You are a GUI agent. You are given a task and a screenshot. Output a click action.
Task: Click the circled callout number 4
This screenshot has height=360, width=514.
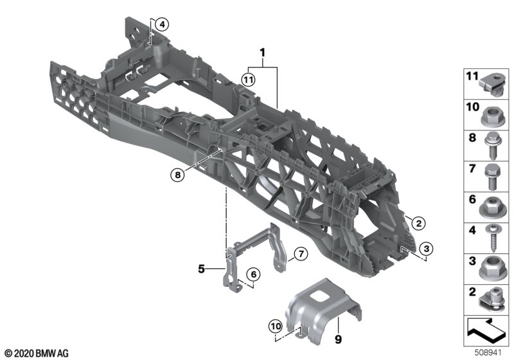pyautogui.click(x=162, y=24)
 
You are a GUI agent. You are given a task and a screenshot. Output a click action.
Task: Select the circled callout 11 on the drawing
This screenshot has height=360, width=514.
pyautogui.click(x=248, y=79)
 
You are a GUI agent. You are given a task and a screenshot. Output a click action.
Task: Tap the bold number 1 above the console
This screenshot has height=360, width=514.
pyautogui.click(x=262, y=53)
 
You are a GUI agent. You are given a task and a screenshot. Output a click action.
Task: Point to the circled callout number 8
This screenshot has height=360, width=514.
pyautogui.click(x=178, y=175)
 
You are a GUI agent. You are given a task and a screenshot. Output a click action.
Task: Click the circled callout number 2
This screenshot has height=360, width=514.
pyautogui.click(x=418, y=224)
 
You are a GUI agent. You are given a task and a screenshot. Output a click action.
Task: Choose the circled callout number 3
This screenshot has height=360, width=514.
pyautogui.click(x=426, y=249)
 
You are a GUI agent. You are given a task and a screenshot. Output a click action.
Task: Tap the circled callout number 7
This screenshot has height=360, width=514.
pyautogui.click(x=301, y=253)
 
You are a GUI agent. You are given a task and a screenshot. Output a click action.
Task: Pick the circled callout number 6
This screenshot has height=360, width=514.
pyautogui.click(x=253, y=274)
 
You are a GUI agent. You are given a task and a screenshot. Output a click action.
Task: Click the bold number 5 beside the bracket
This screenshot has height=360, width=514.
pyautogui.click(x=201, y=269)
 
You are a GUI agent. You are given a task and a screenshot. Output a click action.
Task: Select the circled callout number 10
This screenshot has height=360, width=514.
pyautogui.click(x=276, y=326)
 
